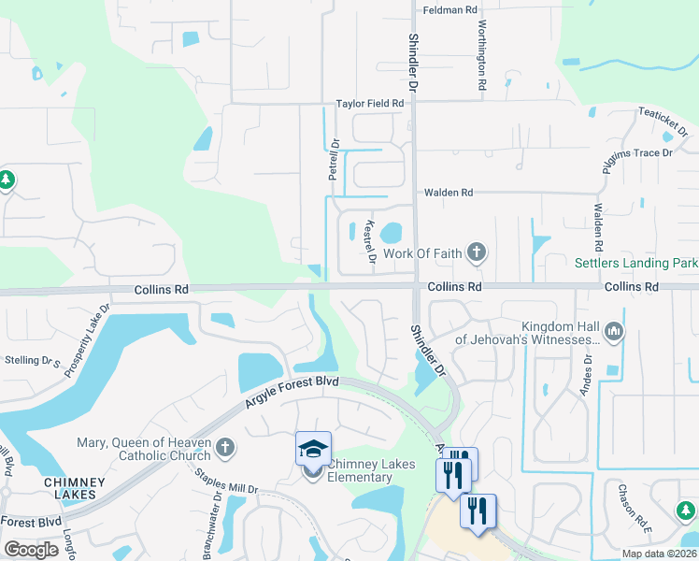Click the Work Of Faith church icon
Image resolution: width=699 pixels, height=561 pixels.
[477, 252]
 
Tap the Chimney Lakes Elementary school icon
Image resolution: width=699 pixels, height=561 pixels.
[313, 448]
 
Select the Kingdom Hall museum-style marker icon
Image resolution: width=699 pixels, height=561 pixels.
[614, 330]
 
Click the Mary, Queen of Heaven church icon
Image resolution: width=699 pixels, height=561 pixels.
[224, 449]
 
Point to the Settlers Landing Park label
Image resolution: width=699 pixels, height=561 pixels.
[635, 264]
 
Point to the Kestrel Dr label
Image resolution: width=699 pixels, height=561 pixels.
[370, 241]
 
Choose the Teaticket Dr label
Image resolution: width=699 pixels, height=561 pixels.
[663, 122]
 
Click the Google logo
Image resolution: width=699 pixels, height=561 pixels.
[31, 550]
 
